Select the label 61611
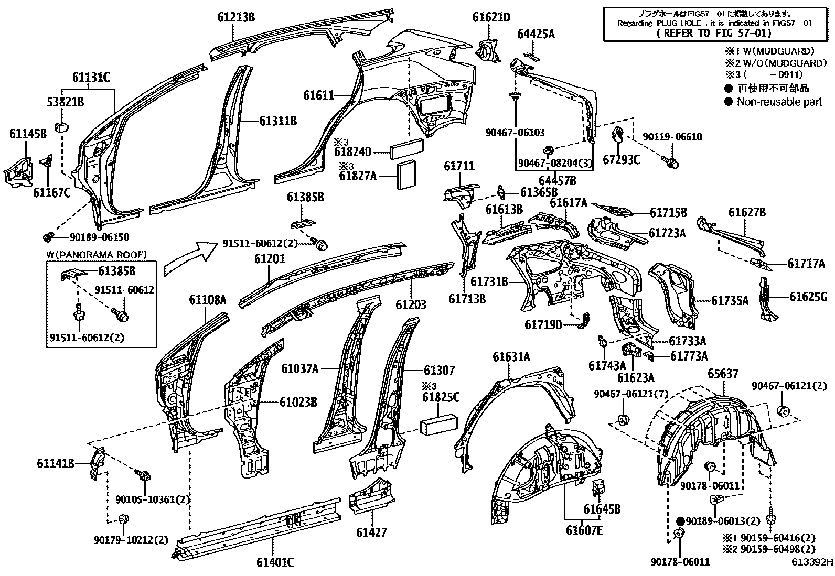(x=318, y=95)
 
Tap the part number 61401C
(x=275, y=563)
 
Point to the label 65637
(x=723, y=374)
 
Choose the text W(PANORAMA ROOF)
(x=97, y=255)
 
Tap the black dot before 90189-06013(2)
(x=681, y=521)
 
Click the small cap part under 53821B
(x=63, y=126)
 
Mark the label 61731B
(x=489, y=281)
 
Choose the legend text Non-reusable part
(x=779, y=102)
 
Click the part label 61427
(x=371, y=532)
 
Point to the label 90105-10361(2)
(x=153, y=499)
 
